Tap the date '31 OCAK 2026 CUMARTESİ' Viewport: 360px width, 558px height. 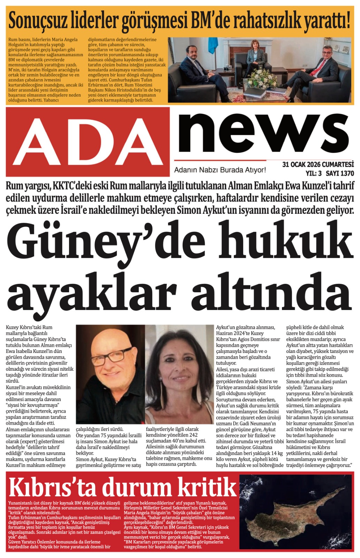click(318, 165)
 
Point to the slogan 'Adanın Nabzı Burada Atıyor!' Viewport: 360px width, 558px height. click(220, 170)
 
